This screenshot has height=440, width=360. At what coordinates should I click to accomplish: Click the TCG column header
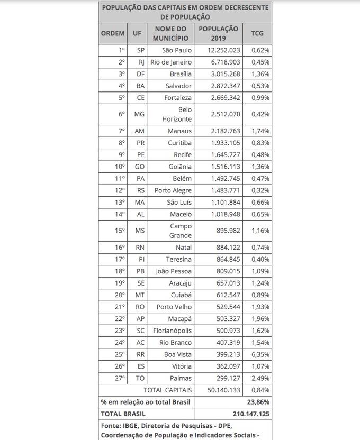(257, 33)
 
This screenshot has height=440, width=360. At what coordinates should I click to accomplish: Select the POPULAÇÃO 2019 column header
(218, 33)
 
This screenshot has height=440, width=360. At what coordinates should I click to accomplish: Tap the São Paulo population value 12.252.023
(220, 50)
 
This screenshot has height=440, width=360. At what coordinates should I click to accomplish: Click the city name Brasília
(179, 74)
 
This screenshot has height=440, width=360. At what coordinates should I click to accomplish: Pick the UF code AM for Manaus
(139, 131)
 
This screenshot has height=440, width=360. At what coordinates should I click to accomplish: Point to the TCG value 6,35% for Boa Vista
(260, 354)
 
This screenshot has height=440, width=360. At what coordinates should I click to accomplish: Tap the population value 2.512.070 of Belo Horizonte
(219, 114)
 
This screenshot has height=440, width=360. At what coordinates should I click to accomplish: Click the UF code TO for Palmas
(140, 378)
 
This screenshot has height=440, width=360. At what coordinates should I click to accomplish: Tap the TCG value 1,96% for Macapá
(260, 318)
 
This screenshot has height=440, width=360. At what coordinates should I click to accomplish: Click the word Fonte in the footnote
(113, 426)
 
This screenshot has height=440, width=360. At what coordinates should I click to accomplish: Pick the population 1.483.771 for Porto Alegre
(219, 190)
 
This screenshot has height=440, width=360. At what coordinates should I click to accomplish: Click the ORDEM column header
(113, 33)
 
